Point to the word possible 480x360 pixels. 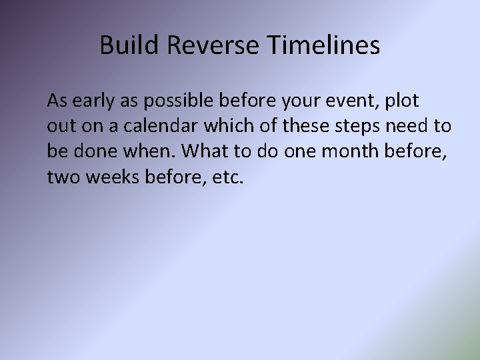(x=179, y=101)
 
